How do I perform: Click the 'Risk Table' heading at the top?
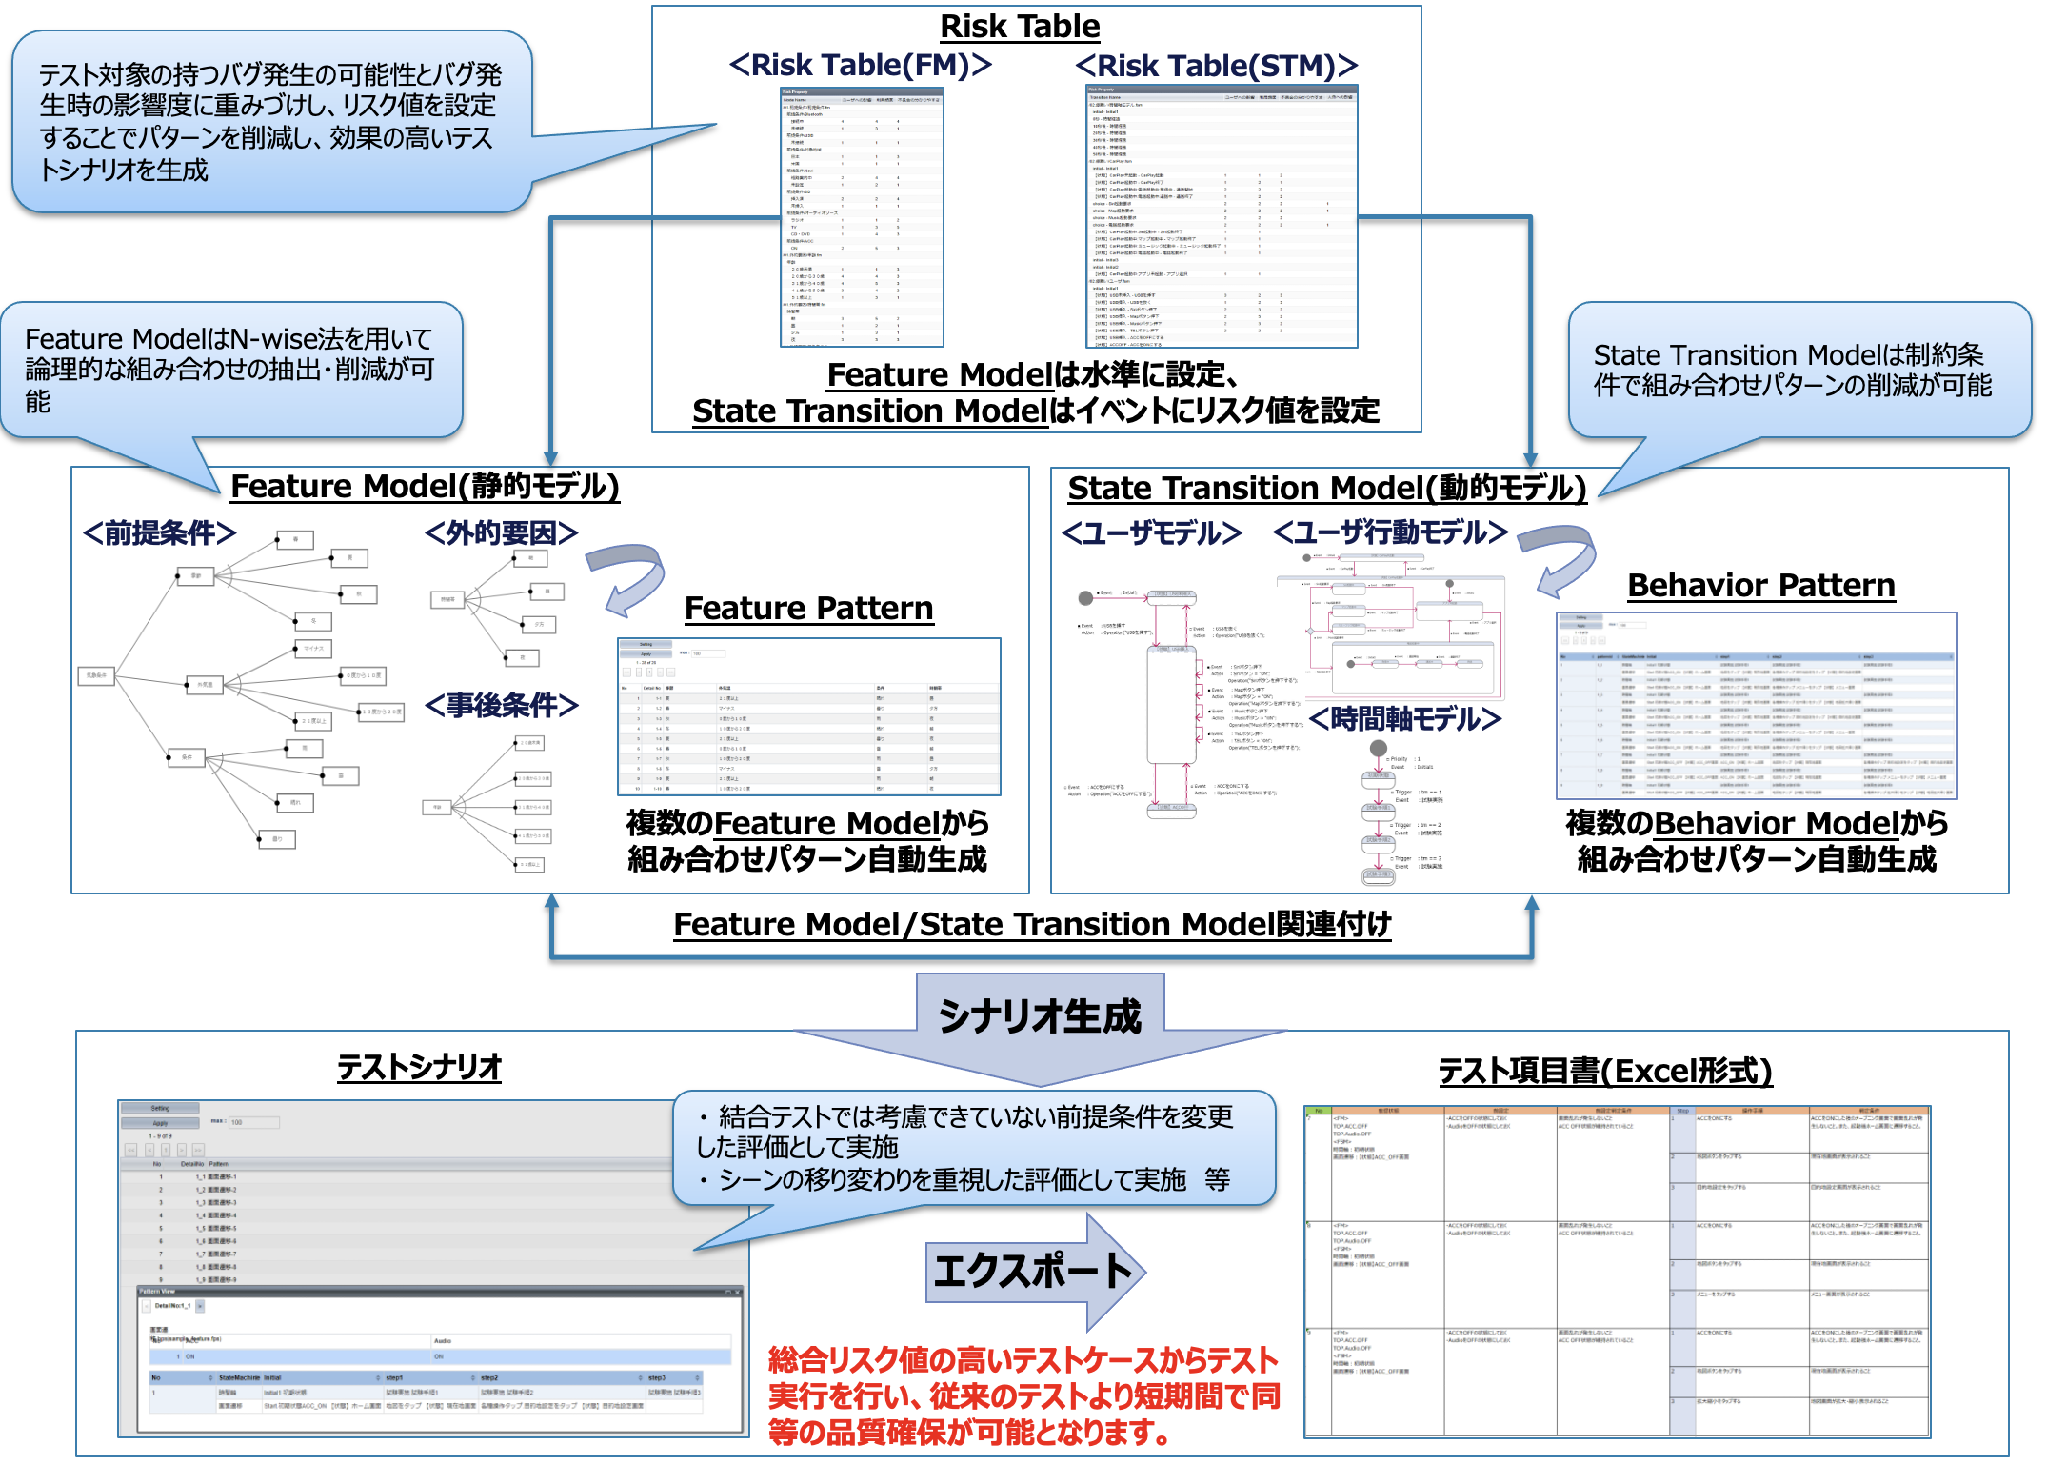(x=1020, y=27)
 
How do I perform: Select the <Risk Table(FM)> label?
(x=860, y=66)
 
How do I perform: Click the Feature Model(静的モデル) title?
(x=425, y=487)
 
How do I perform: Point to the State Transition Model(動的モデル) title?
(x=1326, y=489)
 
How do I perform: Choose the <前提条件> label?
(x=159, y=533)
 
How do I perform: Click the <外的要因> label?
(x=501, y=533)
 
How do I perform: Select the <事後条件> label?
(x=501, y=706)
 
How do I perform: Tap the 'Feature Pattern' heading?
(x=808, y=609)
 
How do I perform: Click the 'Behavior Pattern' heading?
(x=1760, y=586)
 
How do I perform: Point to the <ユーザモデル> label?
(x=1151, y=533)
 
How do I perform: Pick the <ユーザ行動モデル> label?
(x=1390, y=532)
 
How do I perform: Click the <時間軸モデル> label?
(x=1404, y=719)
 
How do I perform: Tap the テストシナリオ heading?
(x=419, y=1068)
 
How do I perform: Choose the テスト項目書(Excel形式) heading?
(x=1604, y=1072)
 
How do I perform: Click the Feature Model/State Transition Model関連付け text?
(x=1032, y=925)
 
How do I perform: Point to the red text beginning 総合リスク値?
(x=1023, y=1395)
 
